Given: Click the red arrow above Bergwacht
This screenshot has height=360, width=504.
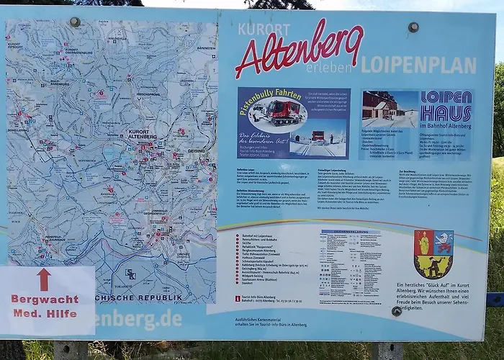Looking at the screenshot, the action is [x=44, y=279].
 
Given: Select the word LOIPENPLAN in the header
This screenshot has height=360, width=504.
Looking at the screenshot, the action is [x=418, y=66].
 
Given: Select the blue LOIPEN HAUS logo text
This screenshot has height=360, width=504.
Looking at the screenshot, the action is [x=446, y=106].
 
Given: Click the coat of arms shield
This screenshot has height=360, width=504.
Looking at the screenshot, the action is [x=433, y=253].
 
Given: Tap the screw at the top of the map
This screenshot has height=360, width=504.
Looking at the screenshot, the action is [x=75, y=22].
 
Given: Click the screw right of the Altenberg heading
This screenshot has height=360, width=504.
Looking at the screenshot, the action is [x=413, y=27].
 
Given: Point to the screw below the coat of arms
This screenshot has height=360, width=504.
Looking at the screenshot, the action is [x=397, y=311].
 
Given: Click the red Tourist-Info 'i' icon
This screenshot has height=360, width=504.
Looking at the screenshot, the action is [x=238, y=298].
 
